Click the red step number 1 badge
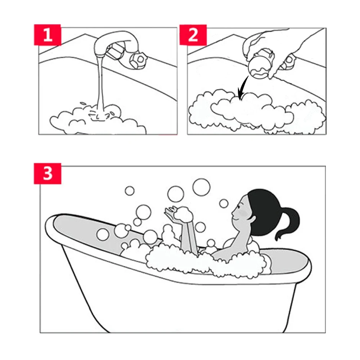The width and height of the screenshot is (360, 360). (47, 35)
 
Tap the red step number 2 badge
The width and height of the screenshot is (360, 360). (193, 35)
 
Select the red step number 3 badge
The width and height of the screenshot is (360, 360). (47, 173)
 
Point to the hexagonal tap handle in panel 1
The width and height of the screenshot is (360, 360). (138, 60)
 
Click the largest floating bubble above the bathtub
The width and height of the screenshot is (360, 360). (201, 187)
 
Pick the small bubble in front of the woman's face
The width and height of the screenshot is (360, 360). (224, 203)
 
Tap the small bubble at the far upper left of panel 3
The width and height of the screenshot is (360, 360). (129, 191)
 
